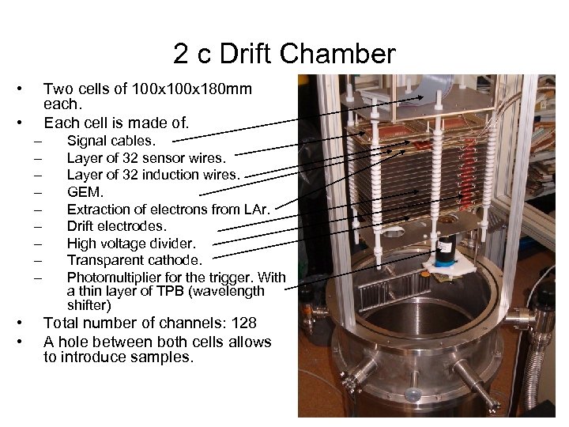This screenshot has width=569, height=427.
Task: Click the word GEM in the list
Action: (84, 191)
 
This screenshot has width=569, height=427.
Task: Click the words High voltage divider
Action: (130, 243)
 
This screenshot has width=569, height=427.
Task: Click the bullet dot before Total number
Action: (28, 323)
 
